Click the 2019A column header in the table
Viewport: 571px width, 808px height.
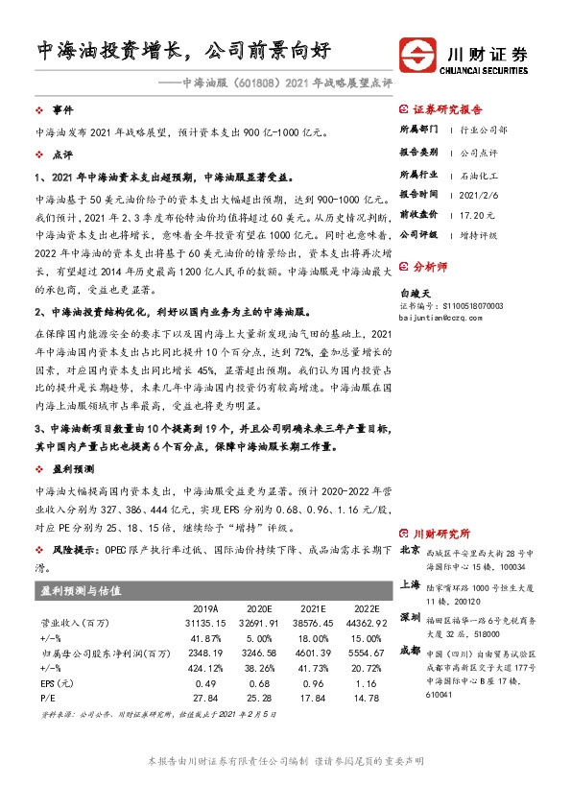[206, 609]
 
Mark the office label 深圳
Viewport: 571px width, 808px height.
[409, 616]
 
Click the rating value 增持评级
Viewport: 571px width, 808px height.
[476, 233]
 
